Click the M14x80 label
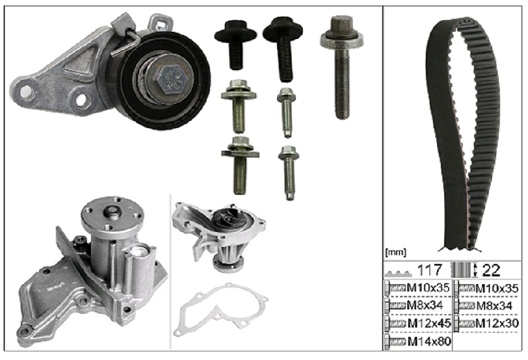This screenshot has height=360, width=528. click(429, 342)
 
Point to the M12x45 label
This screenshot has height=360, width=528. click(429, 324)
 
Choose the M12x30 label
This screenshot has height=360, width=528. click(497, 324)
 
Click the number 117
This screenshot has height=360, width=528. click(430, 270)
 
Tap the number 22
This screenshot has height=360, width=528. click(491, 270)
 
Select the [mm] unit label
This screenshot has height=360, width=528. click(395, 252)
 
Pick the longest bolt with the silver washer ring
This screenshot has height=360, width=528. click(342, 67)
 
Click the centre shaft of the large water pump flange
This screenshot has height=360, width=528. click(113, 212)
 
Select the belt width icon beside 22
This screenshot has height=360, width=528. click(464, 270)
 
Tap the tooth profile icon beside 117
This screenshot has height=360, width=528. click(398, 273)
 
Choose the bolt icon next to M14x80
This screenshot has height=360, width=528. click(395, 342)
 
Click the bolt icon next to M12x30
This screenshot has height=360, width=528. click(464, 324)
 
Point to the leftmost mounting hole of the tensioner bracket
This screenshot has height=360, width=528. click(26, 91)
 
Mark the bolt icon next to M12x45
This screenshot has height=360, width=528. click(395, 324)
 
